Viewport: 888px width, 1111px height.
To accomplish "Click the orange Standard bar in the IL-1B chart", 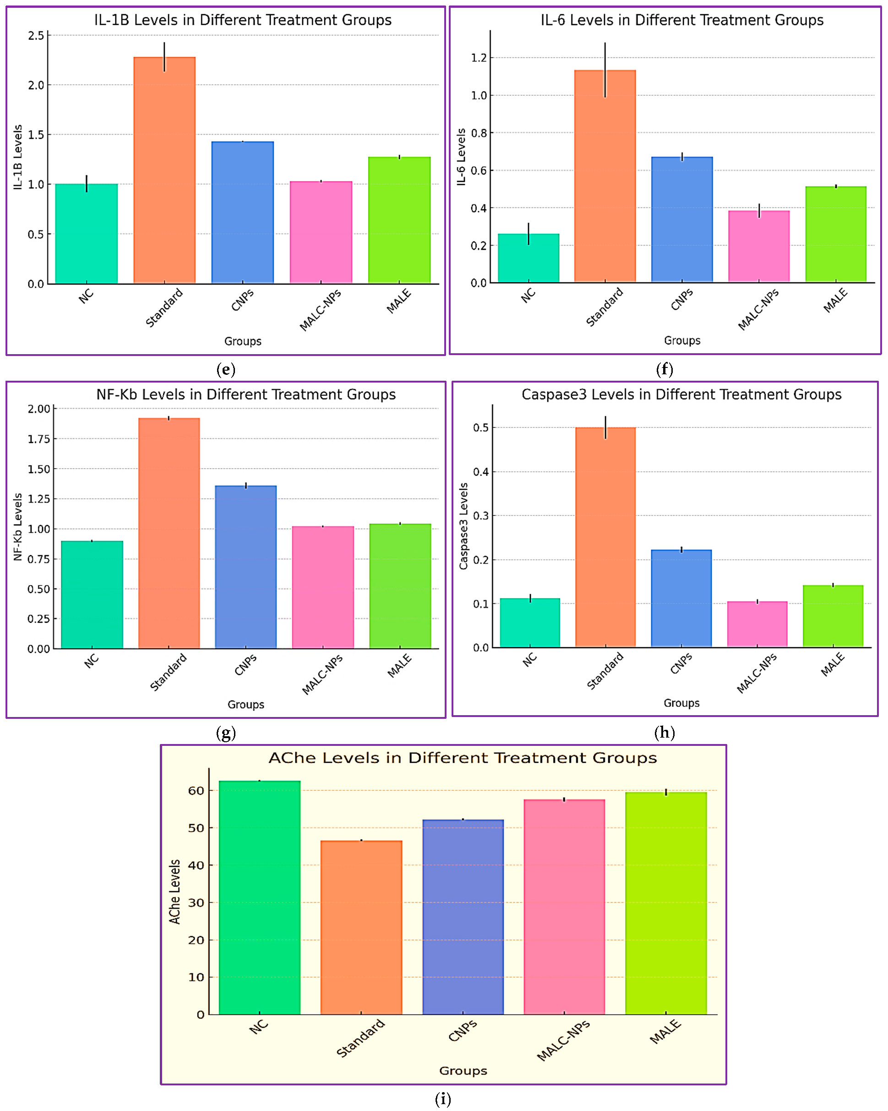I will point(164,170).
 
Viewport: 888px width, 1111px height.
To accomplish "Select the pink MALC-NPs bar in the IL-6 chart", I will point(758,246).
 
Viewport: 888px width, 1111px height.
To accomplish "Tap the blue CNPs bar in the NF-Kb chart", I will point(245,567).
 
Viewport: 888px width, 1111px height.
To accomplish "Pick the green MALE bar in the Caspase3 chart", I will point(833,616).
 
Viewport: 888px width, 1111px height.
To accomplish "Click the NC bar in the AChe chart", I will point(260,897).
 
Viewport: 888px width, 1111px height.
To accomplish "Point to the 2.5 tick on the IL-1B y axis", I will point(36,36).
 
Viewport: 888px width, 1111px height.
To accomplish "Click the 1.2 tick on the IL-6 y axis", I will point(479,58).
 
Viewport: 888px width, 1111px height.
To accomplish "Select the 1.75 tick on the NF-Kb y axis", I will point(38,439).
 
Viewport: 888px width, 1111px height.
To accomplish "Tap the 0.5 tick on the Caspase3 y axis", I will point(480,428).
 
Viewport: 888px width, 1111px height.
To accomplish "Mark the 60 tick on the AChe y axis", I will point(196,790).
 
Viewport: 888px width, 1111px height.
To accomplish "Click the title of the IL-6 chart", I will point(681,20).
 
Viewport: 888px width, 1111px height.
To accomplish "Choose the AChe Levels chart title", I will point(463,758).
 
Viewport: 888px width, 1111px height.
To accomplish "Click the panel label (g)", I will point(226,732).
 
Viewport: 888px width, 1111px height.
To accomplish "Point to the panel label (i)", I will point(442,1100).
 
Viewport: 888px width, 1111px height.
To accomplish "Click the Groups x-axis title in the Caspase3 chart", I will point(681,703).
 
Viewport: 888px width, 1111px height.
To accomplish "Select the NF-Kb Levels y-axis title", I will point(18,527).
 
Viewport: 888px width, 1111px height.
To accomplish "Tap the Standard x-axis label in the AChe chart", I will point(360,1038).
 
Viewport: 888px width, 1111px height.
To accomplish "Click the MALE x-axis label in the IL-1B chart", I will point(399,301).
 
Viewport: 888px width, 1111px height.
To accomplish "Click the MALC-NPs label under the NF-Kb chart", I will point(322,674).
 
